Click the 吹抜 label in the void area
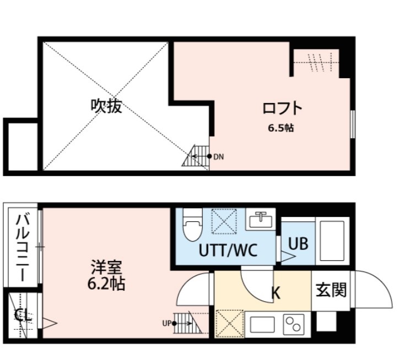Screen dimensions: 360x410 (x=106, y=106)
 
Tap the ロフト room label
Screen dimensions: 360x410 (x=282, y=108)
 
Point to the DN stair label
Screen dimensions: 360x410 (x=219, y=156)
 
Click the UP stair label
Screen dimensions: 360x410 (x=166, y=323)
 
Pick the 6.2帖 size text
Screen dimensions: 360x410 (x=106, y=285)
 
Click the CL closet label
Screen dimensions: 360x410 (x=22, y=317)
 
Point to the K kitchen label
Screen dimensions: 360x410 (x=276, y=292)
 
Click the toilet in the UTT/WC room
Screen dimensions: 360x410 (x=192, y=226)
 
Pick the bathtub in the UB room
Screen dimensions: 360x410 (x=331, y=241)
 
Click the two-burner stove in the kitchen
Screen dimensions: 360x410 (x=294, y=324)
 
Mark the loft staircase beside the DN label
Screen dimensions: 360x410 (x=197, y=156)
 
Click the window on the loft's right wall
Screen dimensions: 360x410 (x=352, y=124)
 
